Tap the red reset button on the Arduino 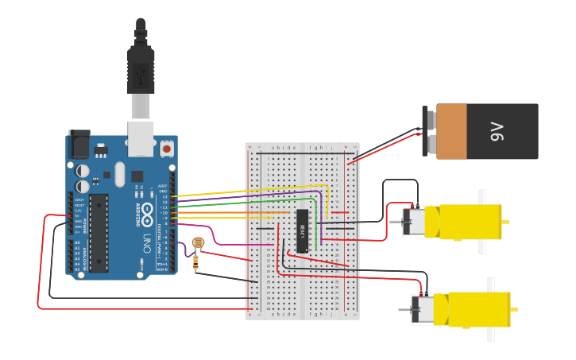click(x=167, y=148)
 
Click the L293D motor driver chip click(x=302, y=230)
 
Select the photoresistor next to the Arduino click(x=198, y=242)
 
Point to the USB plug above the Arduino click(x=141, y=68)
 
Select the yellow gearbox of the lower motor click(x=473, y=309)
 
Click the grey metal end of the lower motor click(x=423, y=309)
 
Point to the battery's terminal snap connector click(x=430, y=131)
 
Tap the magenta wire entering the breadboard click(x=230, y=244)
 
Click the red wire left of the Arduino click(x=38, y=262)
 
